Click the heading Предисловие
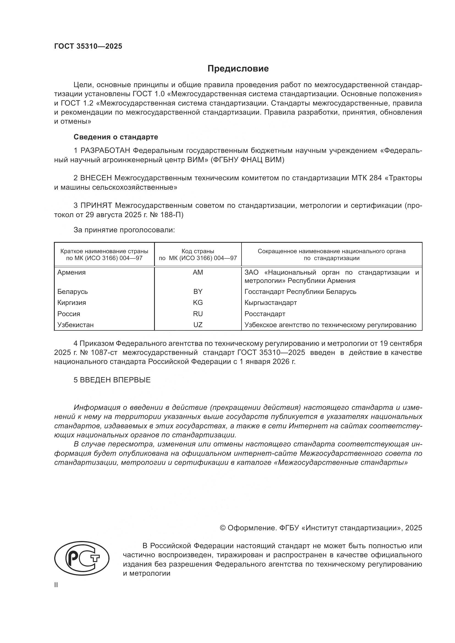coord(238,69)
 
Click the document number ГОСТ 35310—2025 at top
coord(88,46)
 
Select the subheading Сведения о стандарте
coord(116,137)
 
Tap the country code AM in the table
coord(198,272)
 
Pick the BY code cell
coord(198,291)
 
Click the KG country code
coord(198,302)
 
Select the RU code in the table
coord(198,314)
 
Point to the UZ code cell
coord(198,325)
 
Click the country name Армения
coord(72,272)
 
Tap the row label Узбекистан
coord(75,325)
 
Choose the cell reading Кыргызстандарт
coord(270,302)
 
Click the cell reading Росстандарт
coord(265,314)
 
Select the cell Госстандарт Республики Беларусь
coord(300,291)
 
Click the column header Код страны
coord(198,251)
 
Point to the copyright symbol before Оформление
coord(223,528)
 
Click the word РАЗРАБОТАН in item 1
coord(105,151)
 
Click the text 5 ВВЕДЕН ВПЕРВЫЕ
coord(112,380)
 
